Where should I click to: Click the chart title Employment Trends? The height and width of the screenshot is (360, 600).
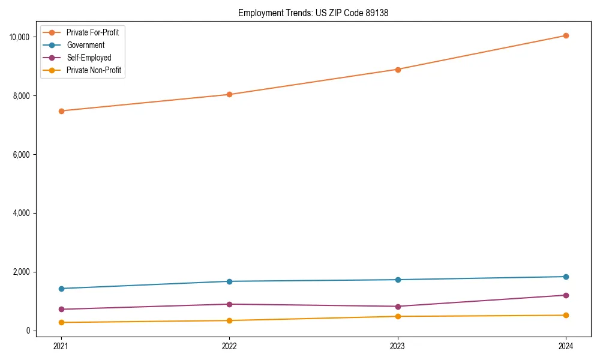coord(313,13)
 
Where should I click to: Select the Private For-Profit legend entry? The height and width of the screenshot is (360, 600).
coord(92,32)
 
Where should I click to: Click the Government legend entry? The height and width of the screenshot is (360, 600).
coord(85,45)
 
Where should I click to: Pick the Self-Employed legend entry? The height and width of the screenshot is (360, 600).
coord(89,58)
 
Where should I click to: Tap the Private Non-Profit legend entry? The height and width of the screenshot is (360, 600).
coord(94,70)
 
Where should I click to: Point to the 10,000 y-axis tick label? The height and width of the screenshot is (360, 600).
coord(21,37)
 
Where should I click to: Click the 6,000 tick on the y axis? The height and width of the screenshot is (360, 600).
coord(23,155)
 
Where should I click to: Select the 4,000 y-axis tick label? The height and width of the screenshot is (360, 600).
coord(23,214)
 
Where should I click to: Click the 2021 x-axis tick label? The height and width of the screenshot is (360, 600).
coord(61,346)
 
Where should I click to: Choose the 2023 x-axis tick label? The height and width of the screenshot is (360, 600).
coord(398,346)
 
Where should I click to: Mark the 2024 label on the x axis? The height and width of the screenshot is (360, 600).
coord(566,346)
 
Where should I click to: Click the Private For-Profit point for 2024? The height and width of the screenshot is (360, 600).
coord(566,35)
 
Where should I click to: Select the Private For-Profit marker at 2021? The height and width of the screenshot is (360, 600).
coord(61,111)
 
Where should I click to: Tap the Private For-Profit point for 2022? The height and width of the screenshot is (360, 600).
coord(229,94)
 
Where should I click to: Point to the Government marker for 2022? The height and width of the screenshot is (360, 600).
coord(229,281)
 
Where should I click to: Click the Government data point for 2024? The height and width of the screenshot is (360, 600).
coord(566,277)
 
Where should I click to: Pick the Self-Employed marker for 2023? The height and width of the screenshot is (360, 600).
coord(398,307)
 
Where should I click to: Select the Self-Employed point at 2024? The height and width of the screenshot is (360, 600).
coord(566,295)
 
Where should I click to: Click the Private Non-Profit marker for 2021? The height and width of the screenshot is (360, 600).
coord(61,323)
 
